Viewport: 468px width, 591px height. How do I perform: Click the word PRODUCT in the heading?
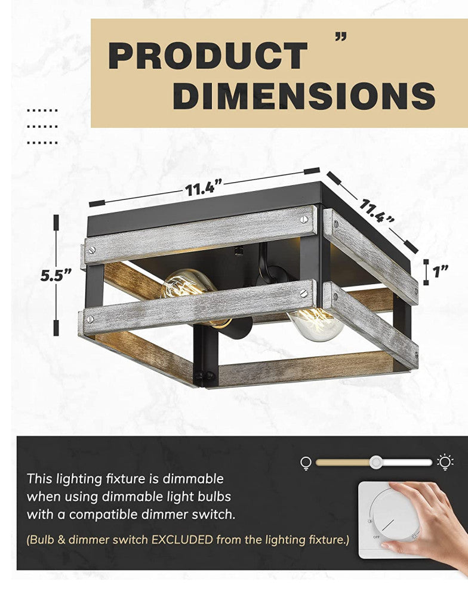click(x=208, y=56)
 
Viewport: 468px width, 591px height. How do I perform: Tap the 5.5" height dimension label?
click(x=56, y=275)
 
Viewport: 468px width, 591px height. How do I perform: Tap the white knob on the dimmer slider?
click(x=376, y=462)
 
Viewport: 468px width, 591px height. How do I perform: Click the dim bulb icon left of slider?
click(x=306, y=463)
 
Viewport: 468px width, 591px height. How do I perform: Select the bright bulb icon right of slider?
click(x=445, y=463)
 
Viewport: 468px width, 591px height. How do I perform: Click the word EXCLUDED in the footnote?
click(x=183, y=540)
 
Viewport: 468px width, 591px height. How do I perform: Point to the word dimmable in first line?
click(x=193, y=479)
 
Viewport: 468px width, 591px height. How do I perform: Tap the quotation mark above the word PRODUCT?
click(x=341, y=38)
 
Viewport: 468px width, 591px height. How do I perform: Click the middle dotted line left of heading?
click(x=42, y=127)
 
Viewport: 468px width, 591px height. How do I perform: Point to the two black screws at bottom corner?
click(x=204, y=375)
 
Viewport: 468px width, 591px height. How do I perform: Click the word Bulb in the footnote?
click(x=42, y=540)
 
